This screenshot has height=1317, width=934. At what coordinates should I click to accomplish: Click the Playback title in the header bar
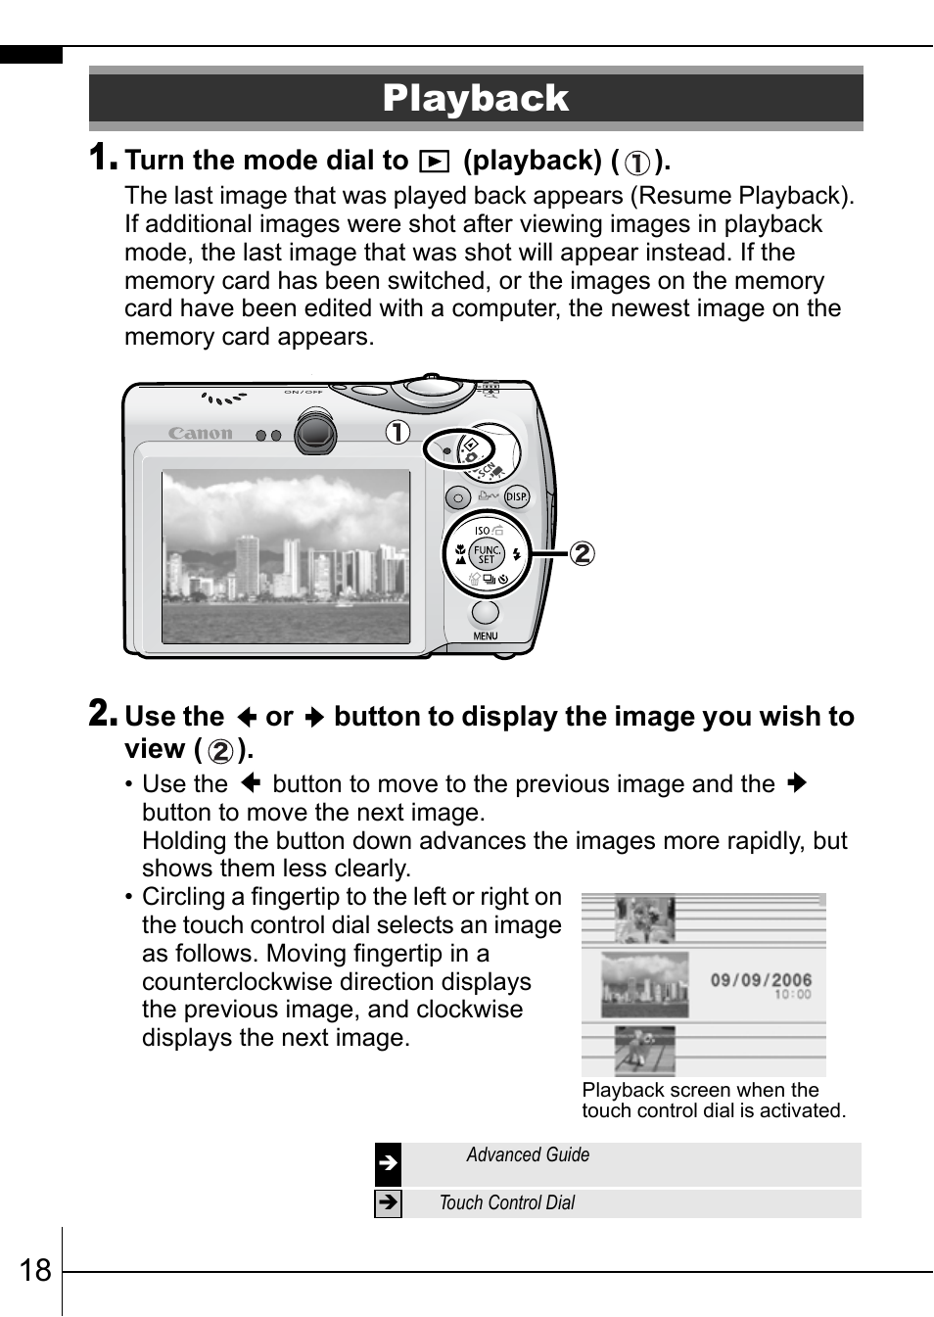point(476,98)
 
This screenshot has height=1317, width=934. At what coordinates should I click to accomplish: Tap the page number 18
point(35,1270)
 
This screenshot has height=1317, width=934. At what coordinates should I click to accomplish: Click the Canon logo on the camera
point(201,433)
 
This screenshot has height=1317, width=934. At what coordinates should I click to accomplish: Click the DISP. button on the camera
point(516,497)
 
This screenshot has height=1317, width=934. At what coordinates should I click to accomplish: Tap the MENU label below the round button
point(486,636)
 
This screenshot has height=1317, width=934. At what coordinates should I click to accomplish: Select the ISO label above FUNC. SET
point(482,531)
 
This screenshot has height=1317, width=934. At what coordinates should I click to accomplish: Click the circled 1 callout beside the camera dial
point(397,432)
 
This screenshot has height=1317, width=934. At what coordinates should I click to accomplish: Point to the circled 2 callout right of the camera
point(582,553)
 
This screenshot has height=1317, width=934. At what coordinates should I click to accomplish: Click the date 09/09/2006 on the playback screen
point(761,979)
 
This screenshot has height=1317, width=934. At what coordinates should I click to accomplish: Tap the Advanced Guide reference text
point(528,1155)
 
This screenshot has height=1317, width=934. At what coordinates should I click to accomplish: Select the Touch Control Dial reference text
point(507,1203)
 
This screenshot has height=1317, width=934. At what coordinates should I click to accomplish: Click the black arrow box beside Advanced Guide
point(388,1164)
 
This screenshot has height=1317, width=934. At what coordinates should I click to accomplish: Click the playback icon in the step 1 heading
point(434,162)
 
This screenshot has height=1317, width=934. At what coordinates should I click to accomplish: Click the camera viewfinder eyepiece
point(314,433)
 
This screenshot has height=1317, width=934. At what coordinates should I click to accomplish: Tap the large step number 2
point(102,713)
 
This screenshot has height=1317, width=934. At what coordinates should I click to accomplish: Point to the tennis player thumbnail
point(645,1051)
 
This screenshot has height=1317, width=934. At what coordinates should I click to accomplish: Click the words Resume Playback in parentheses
point(742,196)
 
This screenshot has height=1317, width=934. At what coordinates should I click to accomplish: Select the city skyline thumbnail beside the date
point(645,984)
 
